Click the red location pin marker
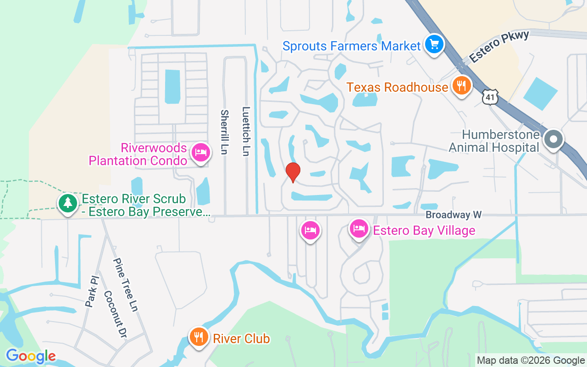click(293, 172)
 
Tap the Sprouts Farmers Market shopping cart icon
click(433, 45)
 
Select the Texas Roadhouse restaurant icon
click(461, 85)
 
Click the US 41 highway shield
click(489, 96)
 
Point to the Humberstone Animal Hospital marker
click(553, 139)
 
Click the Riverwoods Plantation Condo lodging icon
click(200, 152)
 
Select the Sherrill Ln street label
click(224, 132)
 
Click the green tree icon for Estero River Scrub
click(68, 202)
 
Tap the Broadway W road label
click(454, 215)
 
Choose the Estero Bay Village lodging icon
click(359, 228)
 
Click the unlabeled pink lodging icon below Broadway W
click(310, 230)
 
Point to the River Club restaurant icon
click(198, 337)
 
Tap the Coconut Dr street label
click(115, 313)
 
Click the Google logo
click(31, 356)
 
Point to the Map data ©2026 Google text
click(531, 361)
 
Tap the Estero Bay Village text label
click(424, 230)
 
